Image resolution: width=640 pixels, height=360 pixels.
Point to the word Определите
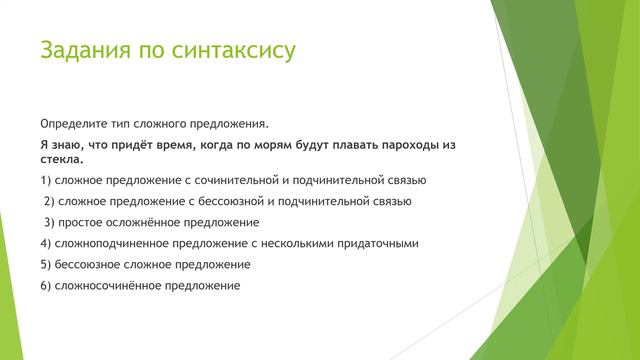pyautogui.click(x=73, y=124)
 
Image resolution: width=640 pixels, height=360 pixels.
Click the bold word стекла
pyautogui.click(x=61, y=159)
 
